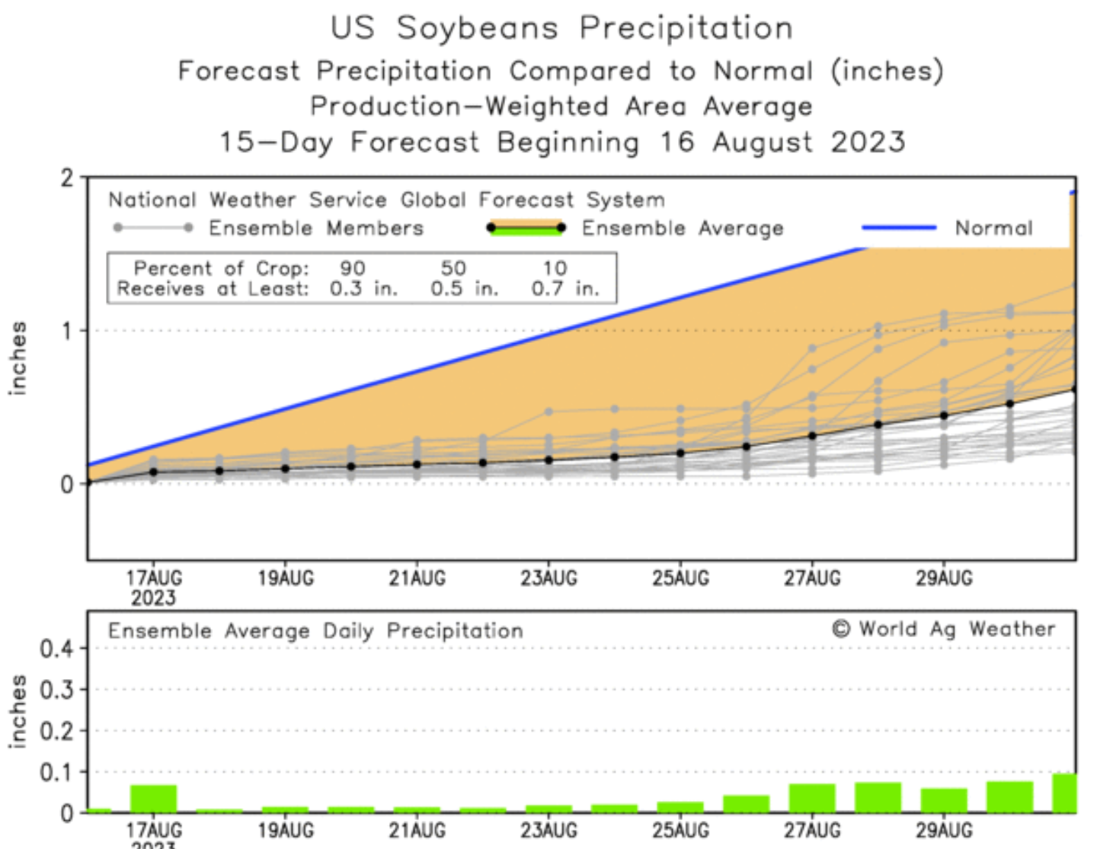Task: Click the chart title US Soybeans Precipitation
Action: point(561,28)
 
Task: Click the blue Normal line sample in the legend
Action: point(899,227)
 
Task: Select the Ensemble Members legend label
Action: point(316,228)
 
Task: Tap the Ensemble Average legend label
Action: point(683,228)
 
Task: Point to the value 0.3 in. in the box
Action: point(363,289)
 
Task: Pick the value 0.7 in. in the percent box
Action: point(565,289)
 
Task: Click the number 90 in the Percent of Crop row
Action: point(353,268)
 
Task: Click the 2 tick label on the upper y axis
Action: point(68,178)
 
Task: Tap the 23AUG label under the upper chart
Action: point(548,578)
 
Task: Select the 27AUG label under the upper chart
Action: point(812,578)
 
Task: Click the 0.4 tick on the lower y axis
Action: point(56,649)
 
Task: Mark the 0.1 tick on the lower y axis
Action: point(56,773)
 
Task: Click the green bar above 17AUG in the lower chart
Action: point(153,799)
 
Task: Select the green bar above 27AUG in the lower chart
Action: point(812,798)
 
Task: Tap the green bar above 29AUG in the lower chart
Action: point(944,800)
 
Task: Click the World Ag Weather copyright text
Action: point(944,629)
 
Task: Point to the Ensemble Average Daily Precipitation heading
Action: point(315,631)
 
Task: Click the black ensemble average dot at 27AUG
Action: point(812,436)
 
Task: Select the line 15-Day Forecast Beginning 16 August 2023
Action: point(562,143)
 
